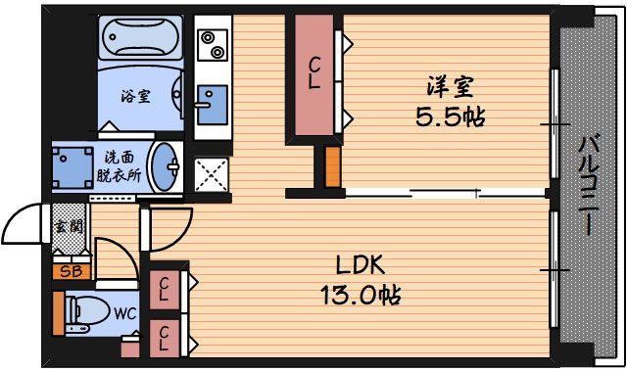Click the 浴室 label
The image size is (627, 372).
(x=135, y=96)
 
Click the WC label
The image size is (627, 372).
(x=124, y=314)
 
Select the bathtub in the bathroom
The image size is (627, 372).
(x=140, y=42)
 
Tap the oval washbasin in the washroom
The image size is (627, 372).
(x=169, y=165)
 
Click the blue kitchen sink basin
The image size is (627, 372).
(x=210, y=102)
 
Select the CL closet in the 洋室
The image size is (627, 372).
(x=313, y=74)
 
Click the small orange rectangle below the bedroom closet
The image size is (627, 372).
(x=332, y=166)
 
